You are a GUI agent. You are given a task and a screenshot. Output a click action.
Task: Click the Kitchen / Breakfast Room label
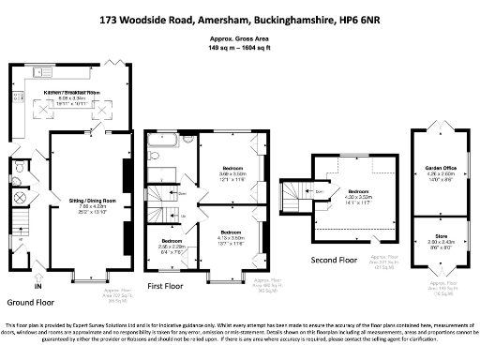point(80,93)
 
